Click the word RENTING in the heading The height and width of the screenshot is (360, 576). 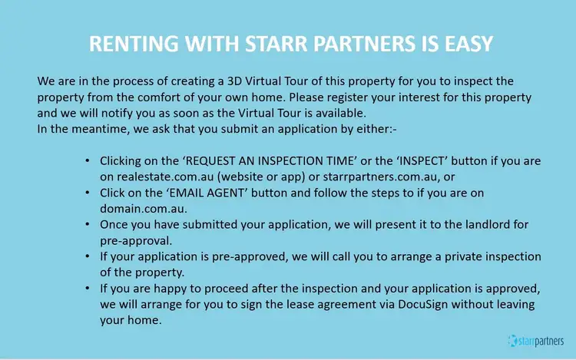(x=134, y=44)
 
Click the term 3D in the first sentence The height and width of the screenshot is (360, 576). (x=235, y=81)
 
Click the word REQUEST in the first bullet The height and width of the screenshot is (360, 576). (x=210, y=161)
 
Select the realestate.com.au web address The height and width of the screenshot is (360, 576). (x=165, y=177)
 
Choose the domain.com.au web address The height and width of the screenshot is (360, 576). (x=144, y=209)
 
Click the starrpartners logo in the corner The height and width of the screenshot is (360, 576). (x=536, y=341)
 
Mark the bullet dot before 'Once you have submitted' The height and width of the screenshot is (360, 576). (x=87, y=225)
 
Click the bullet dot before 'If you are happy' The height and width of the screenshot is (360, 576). (x=87, y=289)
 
